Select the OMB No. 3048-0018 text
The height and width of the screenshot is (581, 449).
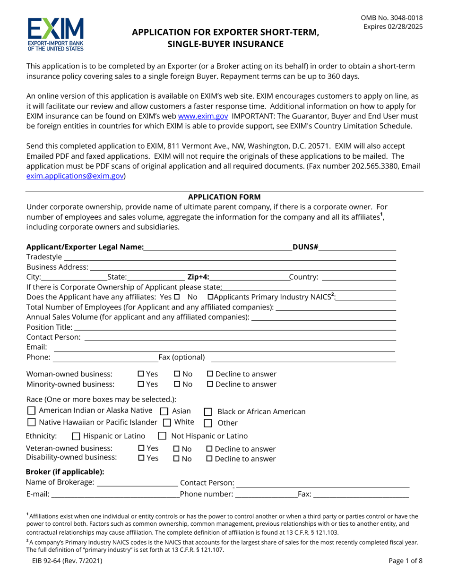tap(392, 18)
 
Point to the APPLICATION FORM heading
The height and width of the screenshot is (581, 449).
tap(224, 197)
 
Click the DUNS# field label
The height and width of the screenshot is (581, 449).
tap(305, 247)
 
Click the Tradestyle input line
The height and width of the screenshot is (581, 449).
tap(229, 257)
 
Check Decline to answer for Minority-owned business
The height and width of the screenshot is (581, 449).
tap(211, 384)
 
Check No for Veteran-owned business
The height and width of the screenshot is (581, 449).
tap(177, 449)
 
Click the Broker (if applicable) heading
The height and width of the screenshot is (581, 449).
tap(65, 471)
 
